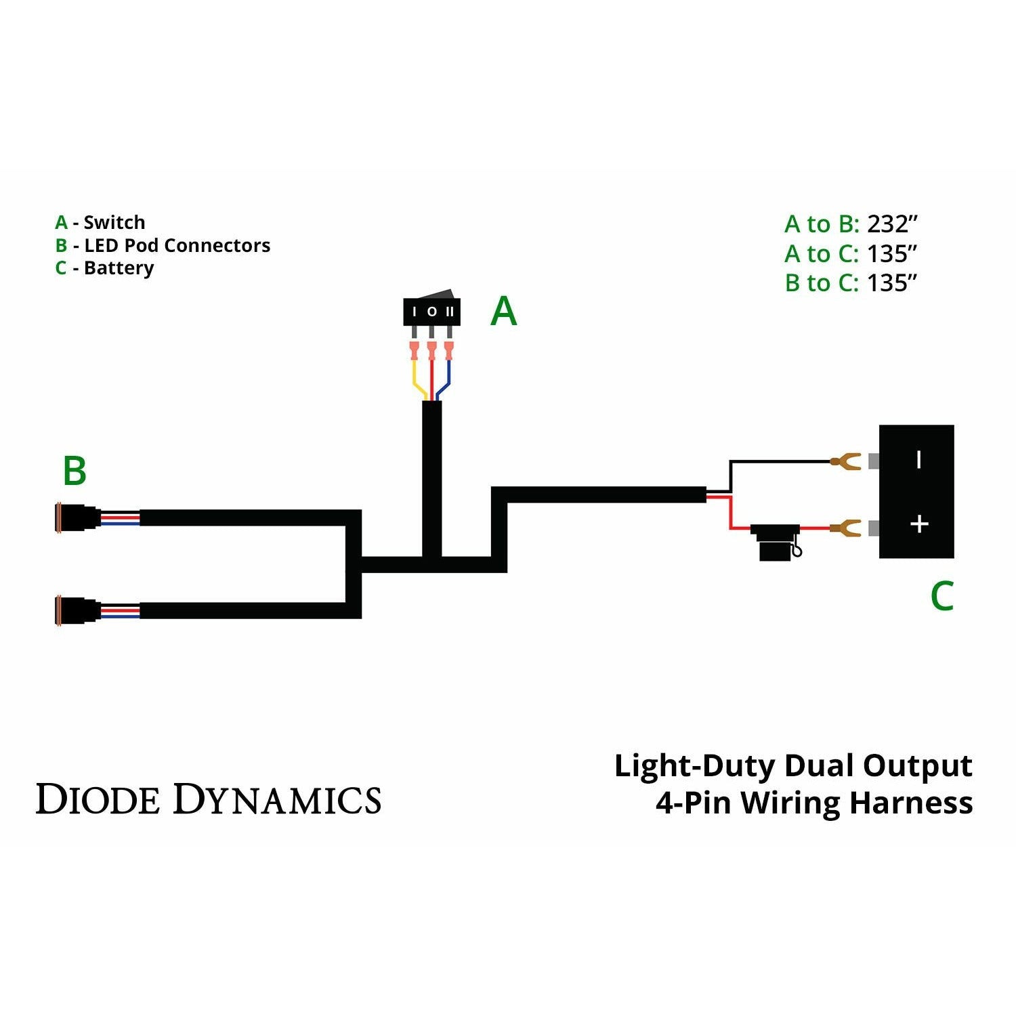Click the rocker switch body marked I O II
[431, 312]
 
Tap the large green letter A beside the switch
[503, 312]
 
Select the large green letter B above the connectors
[75, 471]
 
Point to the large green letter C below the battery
[941, 596]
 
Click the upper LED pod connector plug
[78, 518]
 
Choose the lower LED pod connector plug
[78, 611]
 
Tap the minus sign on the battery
[918, 460]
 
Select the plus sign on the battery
[918, 524]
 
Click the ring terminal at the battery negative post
[845, 462]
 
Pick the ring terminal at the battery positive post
[845, 527]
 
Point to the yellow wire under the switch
[415, 379]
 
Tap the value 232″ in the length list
[892, 224]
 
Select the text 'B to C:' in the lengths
[821, 282]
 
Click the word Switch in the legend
[114, 222]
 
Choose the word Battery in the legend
[119, 268]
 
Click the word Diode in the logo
[98, 799]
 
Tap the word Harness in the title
[911, 803]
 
